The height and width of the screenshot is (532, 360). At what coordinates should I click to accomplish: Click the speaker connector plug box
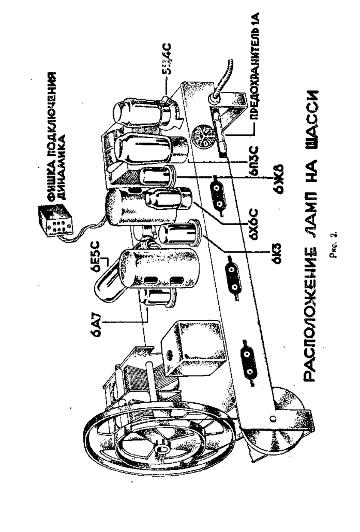[55, 220]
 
